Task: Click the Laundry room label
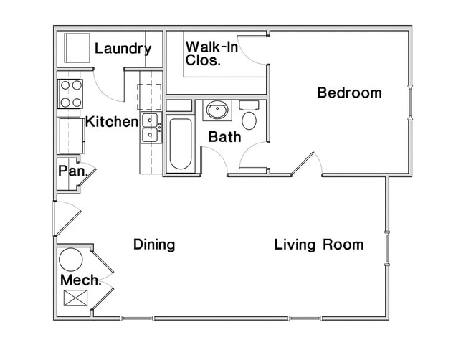pos(123,49)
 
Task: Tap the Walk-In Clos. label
pos(211,54)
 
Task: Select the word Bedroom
pos(350,93)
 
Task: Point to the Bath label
pos(224,137)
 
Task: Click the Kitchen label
pos(112,122)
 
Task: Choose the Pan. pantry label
pos(73,171)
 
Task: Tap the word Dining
pos(154,245)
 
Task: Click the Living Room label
pos(319,245)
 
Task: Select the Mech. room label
pos(80,280)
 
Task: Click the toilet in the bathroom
pos(249,115)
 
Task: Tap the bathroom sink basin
pos(217,110)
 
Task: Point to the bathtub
pos(181,144)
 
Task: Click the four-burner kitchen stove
pos(70,94)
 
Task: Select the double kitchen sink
pos(151,128)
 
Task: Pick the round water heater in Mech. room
pos(71,260)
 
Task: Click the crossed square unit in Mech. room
pos(76,298)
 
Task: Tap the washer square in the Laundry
pos(77,48)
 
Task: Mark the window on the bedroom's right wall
pos(410,102)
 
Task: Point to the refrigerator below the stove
pos(72,136)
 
